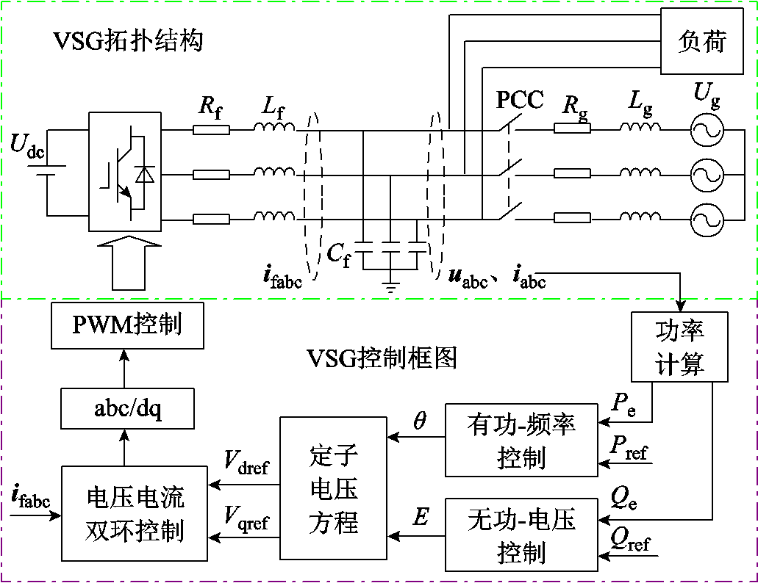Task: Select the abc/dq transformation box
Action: coord(126,408)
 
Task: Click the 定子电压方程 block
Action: coord(333,488)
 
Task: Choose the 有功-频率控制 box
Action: coord(521,438)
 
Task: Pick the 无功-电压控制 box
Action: coord(521,535)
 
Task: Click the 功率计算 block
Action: coord(680,347)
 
